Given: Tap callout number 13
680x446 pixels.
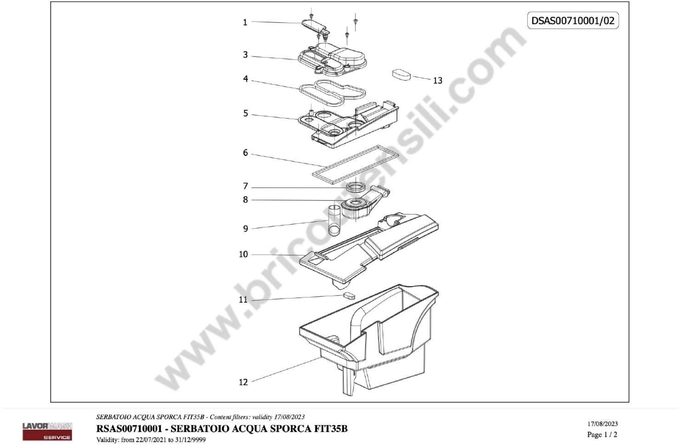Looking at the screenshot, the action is (x=437, y=81).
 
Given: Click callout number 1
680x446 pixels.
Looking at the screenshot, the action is (x=245, y=22).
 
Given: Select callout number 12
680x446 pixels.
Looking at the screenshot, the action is (x=243, y=382).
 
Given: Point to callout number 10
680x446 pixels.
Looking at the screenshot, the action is (x=243, y=254).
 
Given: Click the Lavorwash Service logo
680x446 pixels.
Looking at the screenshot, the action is (x=47, y=431).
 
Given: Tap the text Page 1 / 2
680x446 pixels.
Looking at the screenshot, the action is (x=602, y=435).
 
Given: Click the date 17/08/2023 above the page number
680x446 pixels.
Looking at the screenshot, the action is (x=603, y=424).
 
